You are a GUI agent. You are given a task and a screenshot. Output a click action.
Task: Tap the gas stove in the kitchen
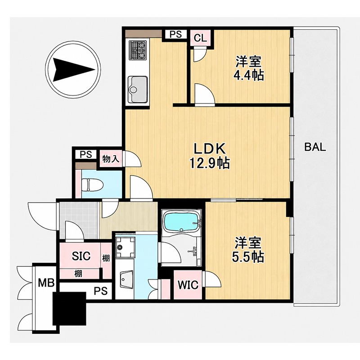point(138,50)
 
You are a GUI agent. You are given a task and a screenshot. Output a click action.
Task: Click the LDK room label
point(209,149)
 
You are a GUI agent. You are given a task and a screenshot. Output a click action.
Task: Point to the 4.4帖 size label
point(249,75)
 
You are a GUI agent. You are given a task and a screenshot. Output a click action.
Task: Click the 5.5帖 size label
point(248,257)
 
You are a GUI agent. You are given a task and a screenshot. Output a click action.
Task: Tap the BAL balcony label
point(315,147)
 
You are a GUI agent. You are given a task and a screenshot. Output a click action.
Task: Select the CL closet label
point(200,38)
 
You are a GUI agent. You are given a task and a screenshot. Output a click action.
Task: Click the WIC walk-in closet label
point(188,285)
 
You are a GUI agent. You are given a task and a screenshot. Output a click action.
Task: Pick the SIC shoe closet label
point(81,256)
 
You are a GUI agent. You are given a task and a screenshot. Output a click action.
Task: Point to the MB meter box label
point(46,283)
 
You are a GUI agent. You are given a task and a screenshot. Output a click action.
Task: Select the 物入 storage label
point(111,159)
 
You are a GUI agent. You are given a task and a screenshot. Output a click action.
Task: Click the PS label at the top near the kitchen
point(175,35)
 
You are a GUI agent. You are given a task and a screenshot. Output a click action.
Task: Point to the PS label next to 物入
point(86,154)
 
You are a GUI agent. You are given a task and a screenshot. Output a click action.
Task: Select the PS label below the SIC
point(101,291)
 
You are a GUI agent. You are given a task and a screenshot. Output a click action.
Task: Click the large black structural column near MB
point(69,308)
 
